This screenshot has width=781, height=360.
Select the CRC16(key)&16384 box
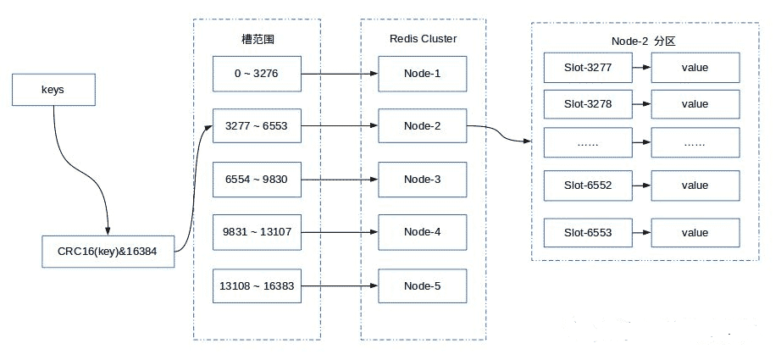(x=108, y=251)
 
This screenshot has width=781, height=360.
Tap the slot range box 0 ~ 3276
(x=258, y=73)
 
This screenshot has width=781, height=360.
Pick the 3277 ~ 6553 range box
(x=258, y=125)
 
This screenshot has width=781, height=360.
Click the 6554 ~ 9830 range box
(x=258, y=179)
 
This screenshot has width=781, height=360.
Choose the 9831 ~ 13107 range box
(x=258, y=231)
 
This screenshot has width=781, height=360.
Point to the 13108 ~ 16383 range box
(x=258, y=285)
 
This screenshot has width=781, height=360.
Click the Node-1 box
(x=422, y=73)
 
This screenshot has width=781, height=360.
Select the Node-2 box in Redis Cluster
(x=422, y=125)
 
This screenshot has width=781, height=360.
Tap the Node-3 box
(x=422, y=179)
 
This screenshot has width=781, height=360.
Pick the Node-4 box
(x=422, y=231)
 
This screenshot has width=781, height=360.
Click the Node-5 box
(x=422, y=285)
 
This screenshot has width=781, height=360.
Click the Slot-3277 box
(x=587, y=67)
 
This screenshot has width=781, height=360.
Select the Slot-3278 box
(x=587, y=104)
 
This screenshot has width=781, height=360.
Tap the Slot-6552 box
(x=587, y=186)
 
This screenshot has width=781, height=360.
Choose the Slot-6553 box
(x=587, y=233)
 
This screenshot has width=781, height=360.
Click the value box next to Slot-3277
(x=694, y=67)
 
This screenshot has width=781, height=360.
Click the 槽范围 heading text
(x=258, y=39)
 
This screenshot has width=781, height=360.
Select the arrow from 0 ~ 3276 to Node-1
(x=339, y=74)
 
